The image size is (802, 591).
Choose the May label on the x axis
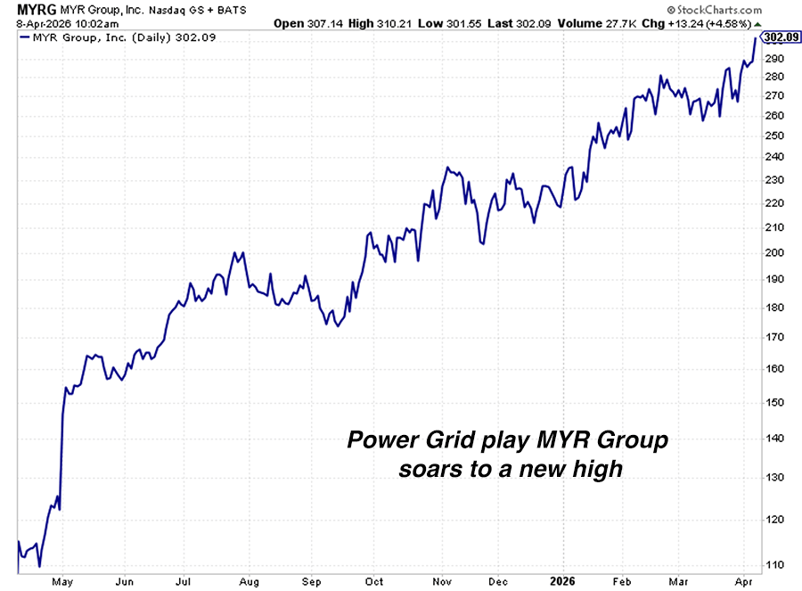tap(62, 582)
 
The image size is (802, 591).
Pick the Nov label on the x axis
tap(442, 582)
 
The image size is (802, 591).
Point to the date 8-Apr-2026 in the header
tap(37, 23)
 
